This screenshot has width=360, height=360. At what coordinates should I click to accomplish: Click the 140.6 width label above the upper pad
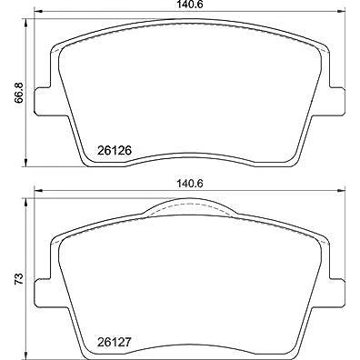coord(190,4)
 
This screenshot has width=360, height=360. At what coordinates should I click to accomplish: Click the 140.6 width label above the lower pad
coord(190,184)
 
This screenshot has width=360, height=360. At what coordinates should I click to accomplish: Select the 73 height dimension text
coord(19,279)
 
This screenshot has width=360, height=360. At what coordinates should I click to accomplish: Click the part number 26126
coord(115,150)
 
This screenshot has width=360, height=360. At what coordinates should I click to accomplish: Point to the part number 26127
coord(115,343)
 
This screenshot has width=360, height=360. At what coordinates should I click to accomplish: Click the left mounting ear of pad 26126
coord(43,102)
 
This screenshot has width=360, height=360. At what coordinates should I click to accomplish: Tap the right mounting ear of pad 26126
coord(337,102)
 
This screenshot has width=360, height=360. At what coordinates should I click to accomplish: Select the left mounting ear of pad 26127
coord(43,293)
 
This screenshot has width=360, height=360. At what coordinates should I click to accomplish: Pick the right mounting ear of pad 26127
coord(337,293)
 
